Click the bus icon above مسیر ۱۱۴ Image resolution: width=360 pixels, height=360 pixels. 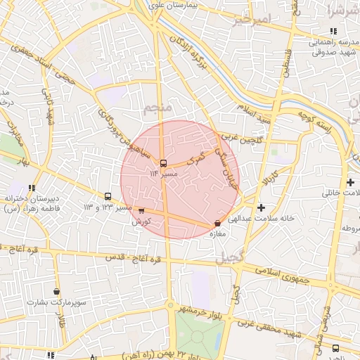[164, 163]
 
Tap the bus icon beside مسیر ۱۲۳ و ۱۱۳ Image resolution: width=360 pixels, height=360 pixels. [108, 197]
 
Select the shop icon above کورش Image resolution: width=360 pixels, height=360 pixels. [141, 210]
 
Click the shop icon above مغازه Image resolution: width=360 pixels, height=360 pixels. [217, 224]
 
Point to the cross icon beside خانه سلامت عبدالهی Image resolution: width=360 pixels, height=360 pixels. [262, 207]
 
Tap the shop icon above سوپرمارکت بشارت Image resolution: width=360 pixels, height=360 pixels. [57, 292]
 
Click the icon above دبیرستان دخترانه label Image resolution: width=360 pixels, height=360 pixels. [32, 188]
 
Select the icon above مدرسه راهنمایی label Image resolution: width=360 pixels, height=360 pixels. [333, 31]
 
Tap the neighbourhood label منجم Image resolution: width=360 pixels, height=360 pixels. [156, 109]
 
